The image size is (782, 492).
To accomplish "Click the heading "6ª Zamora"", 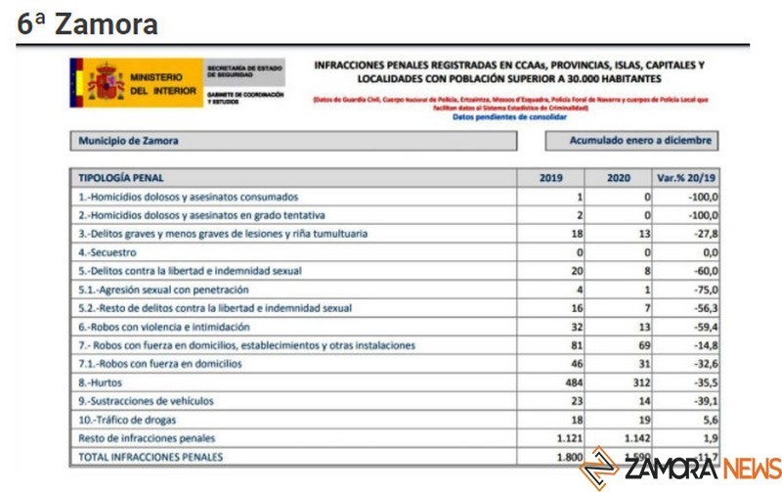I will pyautogui.click(x=87, y=24).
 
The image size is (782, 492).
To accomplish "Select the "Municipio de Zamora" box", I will pyautogui.click(x=292, y=141).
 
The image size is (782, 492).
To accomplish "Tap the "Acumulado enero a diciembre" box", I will pyautogui.click(x=630, y=141).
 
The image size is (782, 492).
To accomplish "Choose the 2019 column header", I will pyautogui.click(x=553, y=178).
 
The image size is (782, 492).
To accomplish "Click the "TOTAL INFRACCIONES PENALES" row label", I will pyautogui.click(x=151, y=456).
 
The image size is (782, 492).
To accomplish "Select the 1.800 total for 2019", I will pyautogui.click(x=565, y=456).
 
